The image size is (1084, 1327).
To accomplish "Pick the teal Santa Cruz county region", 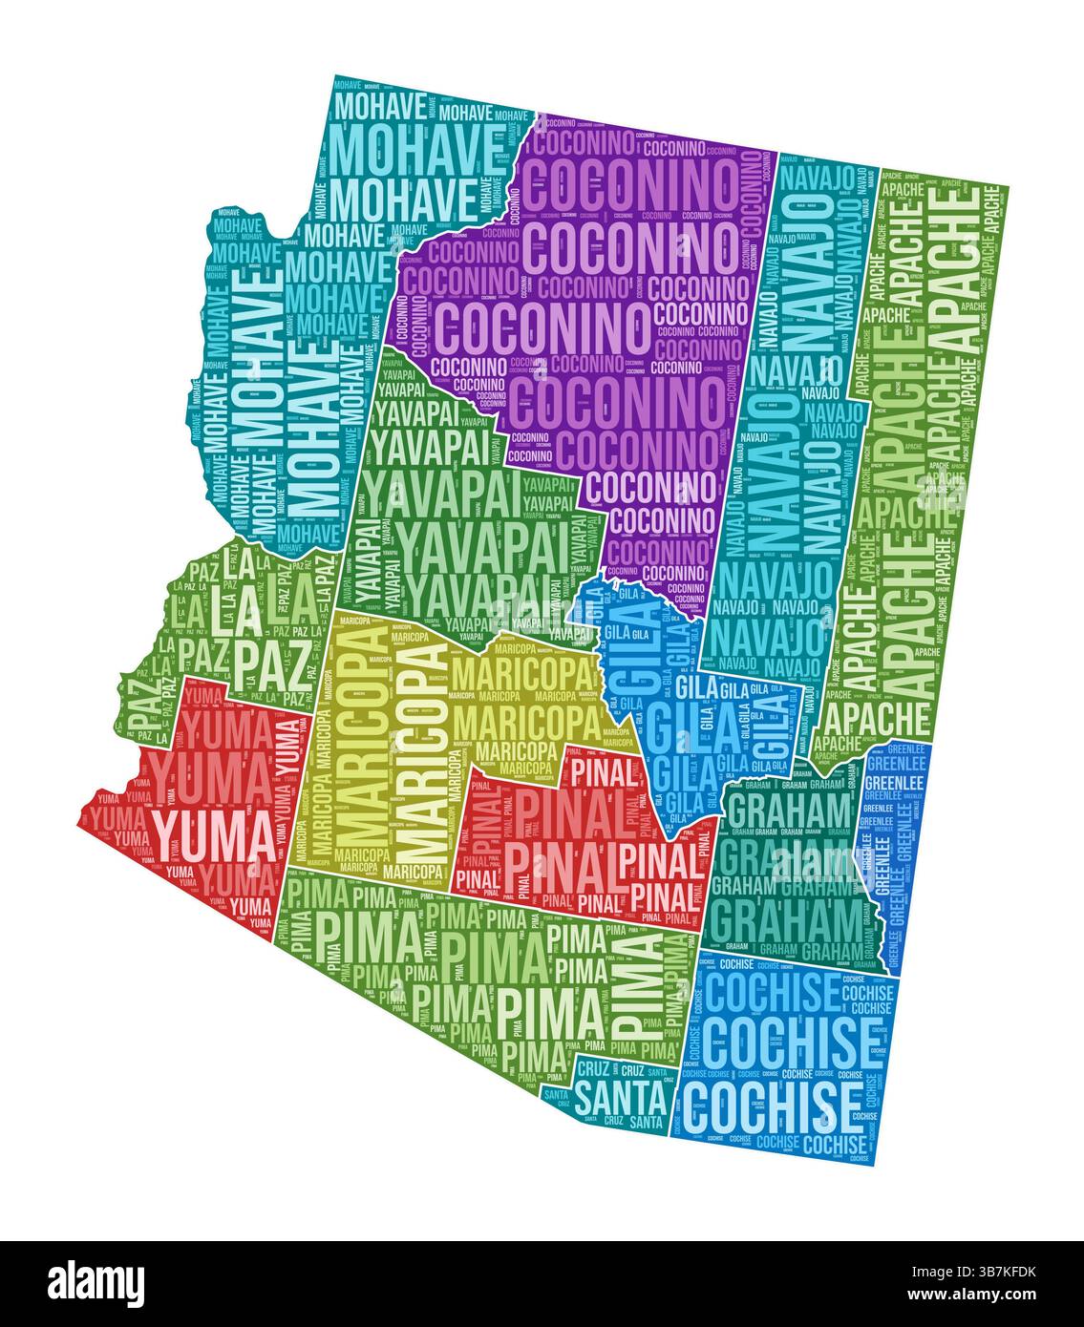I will (611, 1088).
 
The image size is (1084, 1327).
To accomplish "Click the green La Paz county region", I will (229, 630).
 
